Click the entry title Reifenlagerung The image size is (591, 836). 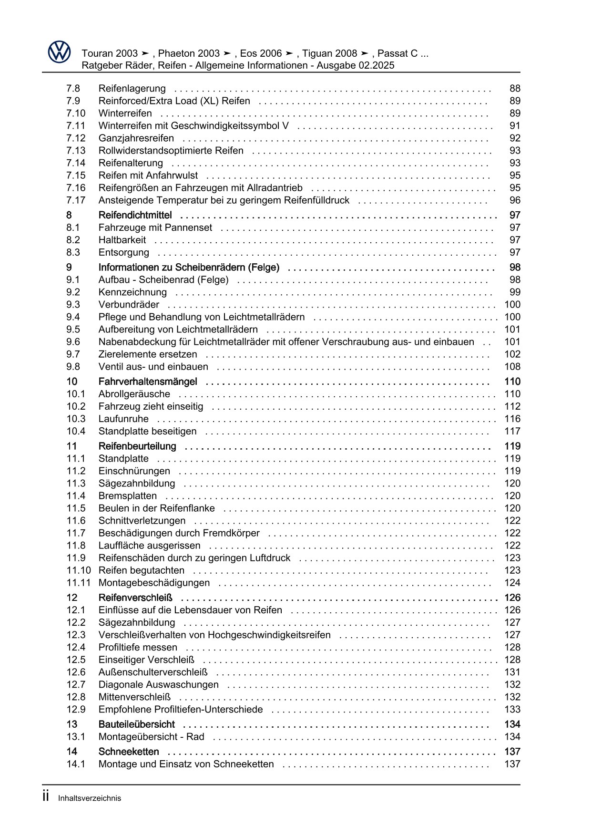click(x=132, y=89)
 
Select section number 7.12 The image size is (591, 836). click(x=76, y=138)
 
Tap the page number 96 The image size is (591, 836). click(x=515, y=200)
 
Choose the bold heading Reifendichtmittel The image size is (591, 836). click(x=135, y=216)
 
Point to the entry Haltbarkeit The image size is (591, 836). click(x=122, y=240)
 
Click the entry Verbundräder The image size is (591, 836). click(x=129, y=305)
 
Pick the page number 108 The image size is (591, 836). click(x=512, y=367)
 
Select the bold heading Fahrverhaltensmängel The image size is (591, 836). click(x=148, y=382)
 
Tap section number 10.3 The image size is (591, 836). click(x=76, y=419)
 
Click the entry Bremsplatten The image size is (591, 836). click(x=128, y=496)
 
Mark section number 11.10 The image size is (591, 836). click(x=78, y=570)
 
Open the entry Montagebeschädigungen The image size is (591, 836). click(x=154, y=583)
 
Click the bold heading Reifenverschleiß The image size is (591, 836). click(x=135, y=598)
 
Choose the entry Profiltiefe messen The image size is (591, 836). click(x=138, y=648)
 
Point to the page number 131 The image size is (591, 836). click(x=512, y=672)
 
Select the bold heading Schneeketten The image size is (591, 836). click(x=129, y=752)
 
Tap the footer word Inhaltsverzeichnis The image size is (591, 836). click(x=90, y=798)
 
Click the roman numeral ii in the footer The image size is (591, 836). click(x=46, y=797)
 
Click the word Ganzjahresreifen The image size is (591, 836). click(x=136, y=138)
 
